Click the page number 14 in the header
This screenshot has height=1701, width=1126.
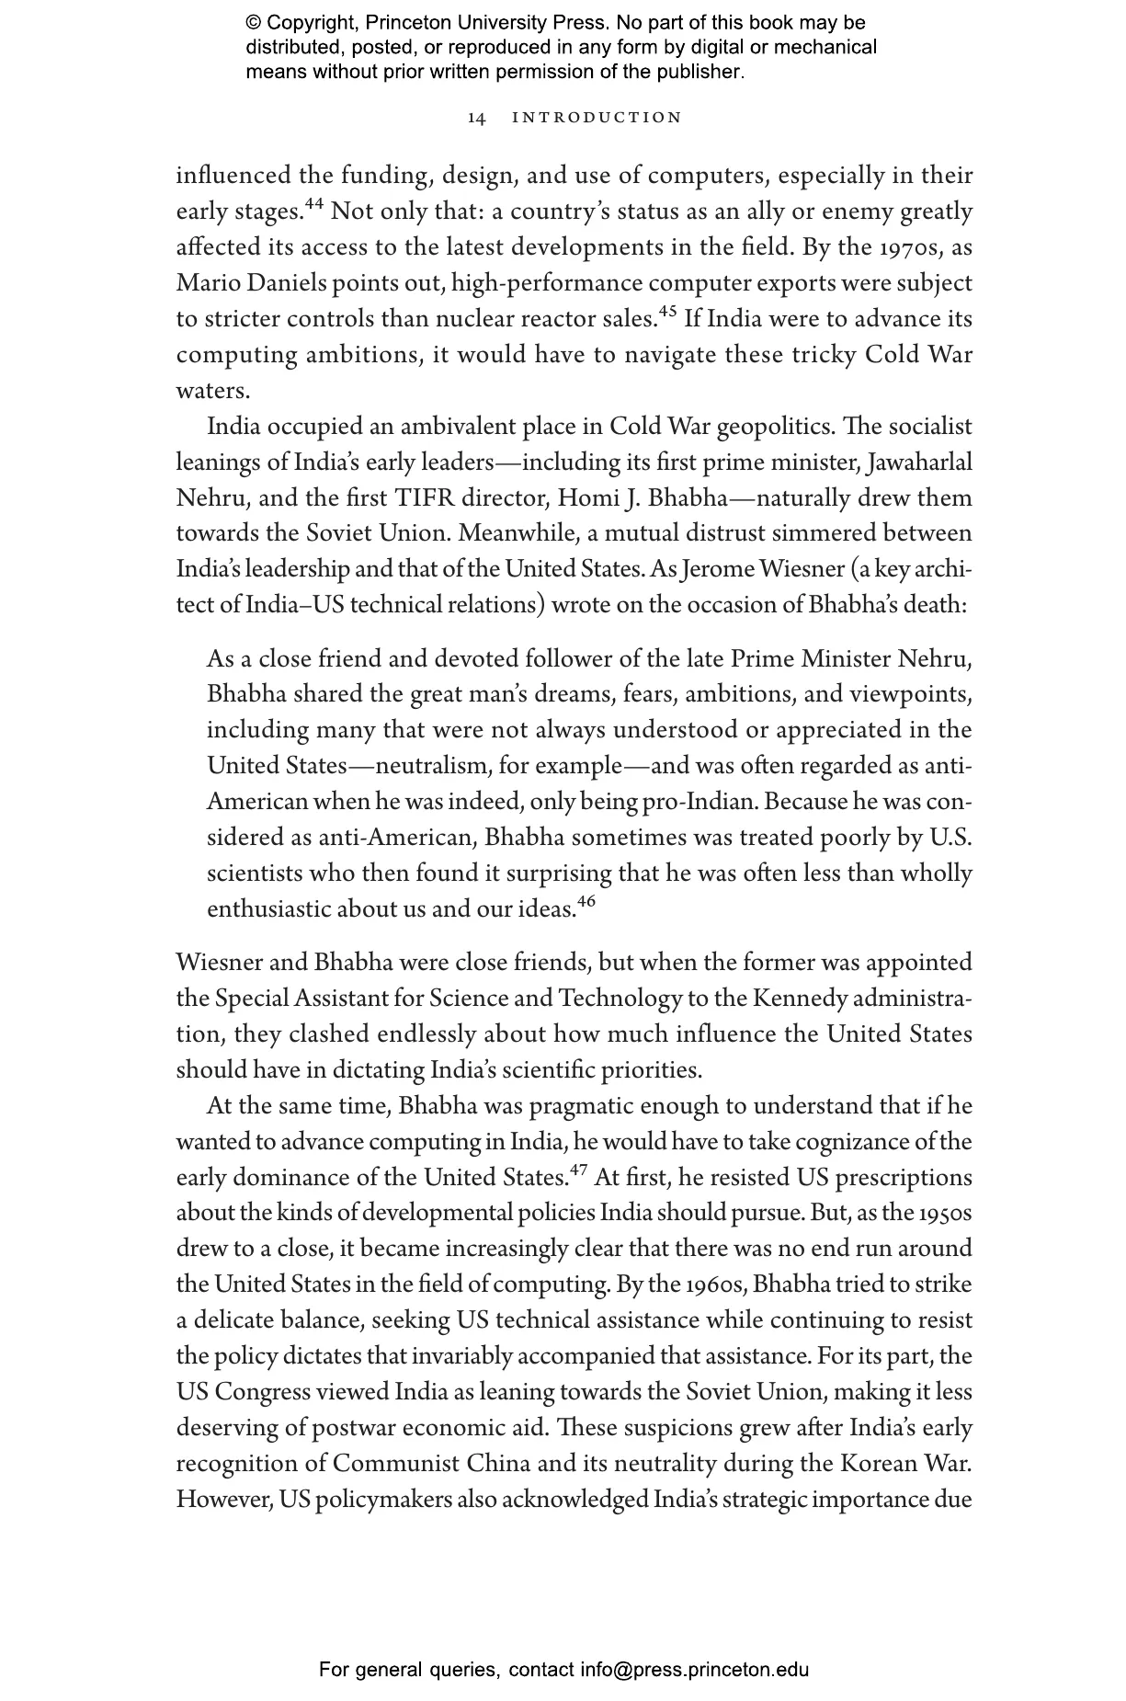(476, 118)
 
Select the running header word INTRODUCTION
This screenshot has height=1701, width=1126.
(597, 118)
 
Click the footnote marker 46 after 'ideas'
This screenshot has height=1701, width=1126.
(586, 902)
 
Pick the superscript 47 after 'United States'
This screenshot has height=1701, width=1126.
(578, 1170)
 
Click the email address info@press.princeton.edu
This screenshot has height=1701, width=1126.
(694, 1670)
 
